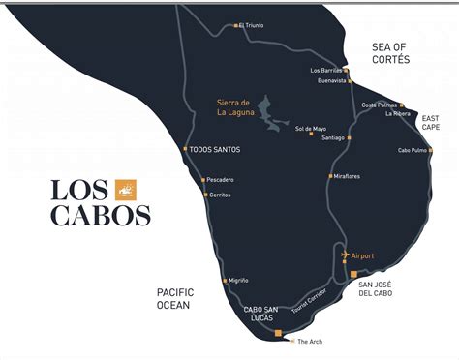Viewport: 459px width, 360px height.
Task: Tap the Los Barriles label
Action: (326, 71)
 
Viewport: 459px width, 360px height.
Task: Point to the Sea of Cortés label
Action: (391, 53)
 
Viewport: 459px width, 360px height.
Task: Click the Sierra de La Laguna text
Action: (233, 105)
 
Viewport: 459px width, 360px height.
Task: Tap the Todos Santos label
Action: (215, 149)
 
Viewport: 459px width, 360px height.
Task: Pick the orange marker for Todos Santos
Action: (185, 149)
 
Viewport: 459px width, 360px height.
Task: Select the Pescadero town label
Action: (222, 180)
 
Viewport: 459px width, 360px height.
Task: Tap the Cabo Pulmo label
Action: (412, 151)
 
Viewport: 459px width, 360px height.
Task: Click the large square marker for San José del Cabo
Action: (353, 274)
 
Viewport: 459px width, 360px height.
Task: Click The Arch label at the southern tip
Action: (309, 342)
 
